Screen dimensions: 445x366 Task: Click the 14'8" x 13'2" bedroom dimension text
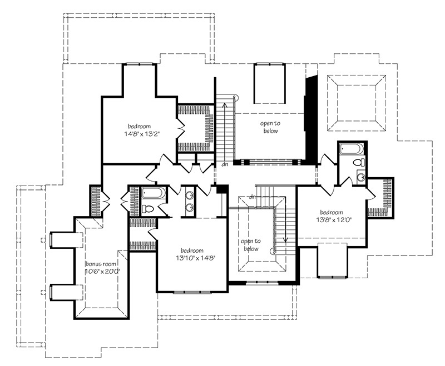click(140, 134)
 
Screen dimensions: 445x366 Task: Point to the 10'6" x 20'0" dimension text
click(102, 271)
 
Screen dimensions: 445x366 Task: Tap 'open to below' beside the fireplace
click(270, 127)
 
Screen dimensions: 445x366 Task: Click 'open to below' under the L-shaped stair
click(251, 245)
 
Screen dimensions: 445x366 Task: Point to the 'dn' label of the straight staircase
click(225, 164)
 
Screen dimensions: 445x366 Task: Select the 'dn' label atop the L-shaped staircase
click(252, 197)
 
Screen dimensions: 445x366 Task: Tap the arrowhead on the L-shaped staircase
click(285, 240)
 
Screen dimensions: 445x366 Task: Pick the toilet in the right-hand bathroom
click(358, 163)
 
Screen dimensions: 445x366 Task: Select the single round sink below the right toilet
click(360, 177)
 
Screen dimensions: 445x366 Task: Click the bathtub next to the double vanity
click(154, 192)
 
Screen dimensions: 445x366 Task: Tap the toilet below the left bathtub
click(148, 209)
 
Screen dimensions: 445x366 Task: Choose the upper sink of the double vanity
click(189, 195)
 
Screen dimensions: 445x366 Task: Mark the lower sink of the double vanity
click(189, 207)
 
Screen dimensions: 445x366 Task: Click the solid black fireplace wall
click(310, 119)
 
